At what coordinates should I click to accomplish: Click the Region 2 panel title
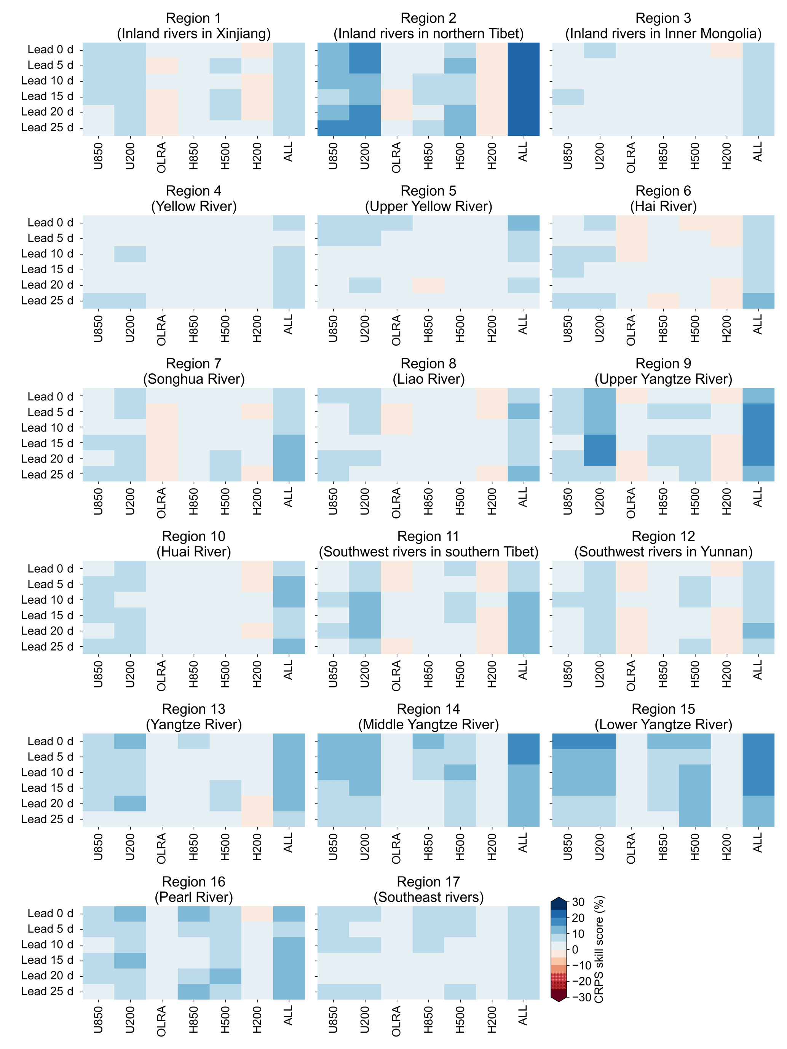click(428, 18)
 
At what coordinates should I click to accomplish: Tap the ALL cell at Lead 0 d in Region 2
click(523, 50)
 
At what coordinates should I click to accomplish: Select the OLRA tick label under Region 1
click(162, 157)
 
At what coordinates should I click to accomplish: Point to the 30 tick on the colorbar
click(578, 902)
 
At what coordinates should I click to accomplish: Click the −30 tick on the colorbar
click(581, 997)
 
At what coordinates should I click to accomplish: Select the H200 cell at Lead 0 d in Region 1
click(257, 50)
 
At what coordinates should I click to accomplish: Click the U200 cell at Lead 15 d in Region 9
click(600, 442)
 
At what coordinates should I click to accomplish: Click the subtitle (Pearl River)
click(193, 897)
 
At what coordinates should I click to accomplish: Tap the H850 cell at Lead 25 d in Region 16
click(193, 991)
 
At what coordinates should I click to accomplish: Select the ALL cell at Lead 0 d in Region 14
click(523, 741)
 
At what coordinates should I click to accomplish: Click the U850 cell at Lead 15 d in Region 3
click(568, 97)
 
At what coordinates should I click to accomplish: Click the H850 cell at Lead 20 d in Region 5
click(428, 285)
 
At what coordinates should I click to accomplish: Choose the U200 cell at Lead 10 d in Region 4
click(130, 254)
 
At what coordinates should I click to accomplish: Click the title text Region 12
click(663, 536)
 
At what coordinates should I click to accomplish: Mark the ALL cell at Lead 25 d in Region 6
click(758, 301)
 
